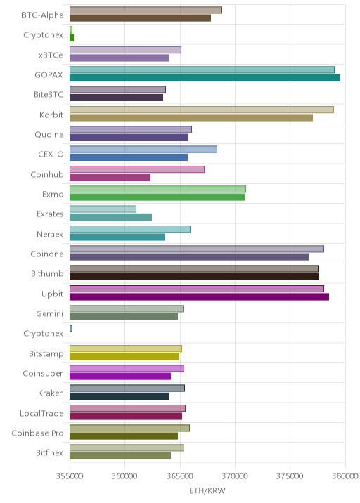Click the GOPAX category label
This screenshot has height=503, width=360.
click(49, 75)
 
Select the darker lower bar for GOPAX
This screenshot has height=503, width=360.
click(205, 78)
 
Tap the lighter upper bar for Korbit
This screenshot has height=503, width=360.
click(202, 110)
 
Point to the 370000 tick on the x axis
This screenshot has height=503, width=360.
click(235, 476)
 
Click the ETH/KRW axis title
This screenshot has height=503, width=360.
click(207, 491)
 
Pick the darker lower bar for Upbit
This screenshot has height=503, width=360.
click(199, 296)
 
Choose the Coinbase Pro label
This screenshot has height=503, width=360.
click(37, 433)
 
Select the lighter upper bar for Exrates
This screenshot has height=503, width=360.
click(103, 209)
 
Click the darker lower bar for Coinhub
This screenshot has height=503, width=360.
click(110, 178)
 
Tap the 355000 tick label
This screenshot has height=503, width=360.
click(70, 476)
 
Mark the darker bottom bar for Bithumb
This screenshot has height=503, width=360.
click(194, 277)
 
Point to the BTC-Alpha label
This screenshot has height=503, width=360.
click(43, 15)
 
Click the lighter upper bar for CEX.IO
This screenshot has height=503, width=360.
click(143, 149)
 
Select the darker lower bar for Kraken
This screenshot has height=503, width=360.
click(119, 396)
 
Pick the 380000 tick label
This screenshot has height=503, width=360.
click(345, 476)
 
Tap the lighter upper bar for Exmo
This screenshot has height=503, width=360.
click(157, 189)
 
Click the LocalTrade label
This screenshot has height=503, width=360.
click(41, 413)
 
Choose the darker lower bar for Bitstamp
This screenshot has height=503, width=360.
click(124, 356)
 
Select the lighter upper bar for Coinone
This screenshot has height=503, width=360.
click(197, 249)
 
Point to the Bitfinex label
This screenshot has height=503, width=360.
click(49, 452)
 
